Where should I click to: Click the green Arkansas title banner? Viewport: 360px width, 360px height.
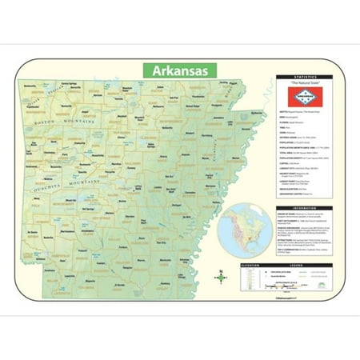click(x=179, y=71)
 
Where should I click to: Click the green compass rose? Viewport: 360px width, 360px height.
click(x=220, y=277)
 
